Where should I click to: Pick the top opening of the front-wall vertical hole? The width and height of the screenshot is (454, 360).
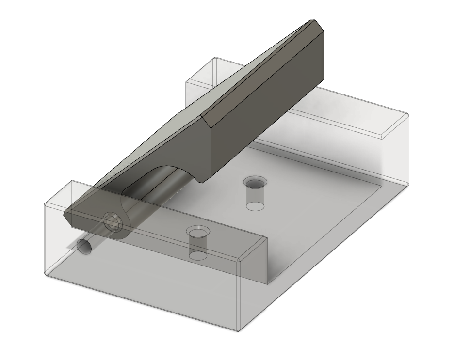tap(197, 232)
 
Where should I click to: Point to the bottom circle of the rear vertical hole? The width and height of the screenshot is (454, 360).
tap(255, 206)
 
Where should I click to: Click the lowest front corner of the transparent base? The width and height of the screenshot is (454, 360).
tap(238, 331)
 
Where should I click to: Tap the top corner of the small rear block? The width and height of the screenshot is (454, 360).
tap(215, 58)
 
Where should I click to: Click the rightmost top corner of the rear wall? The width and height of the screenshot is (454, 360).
tap(407, 115)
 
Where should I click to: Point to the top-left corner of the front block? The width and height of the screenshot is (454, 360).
tap(71, 181)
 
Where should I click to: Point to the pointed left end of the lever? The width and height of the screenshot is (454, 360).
tap(65, 215)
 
